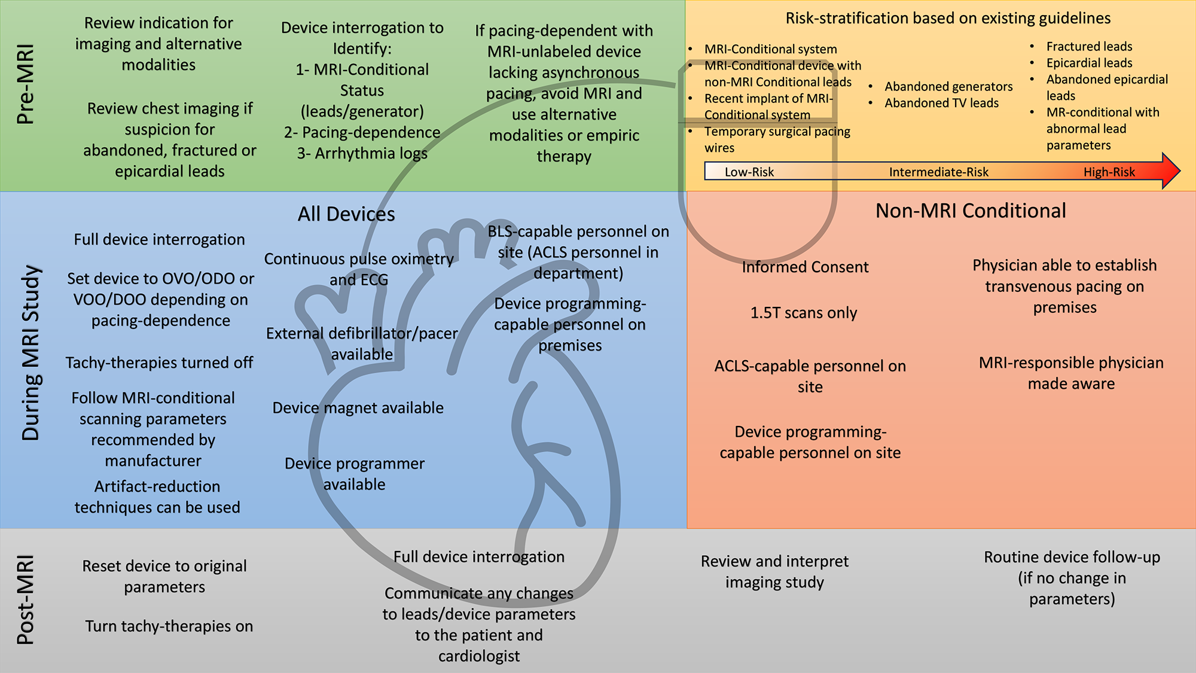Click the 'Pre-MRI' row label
[x=26, y=84]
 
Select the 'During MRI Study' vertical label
[x=30, y=354]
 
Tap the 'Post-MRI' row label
[x=26, y=600]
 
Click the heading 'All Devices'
[x=346, y=214]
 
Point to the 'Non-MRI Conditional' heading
[x=971, y=211]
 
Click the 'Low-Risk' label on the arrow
[x=749, y=172]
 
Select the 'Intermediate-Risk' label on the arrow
[x=938, y=172]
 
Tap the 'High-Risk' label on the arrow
[x=1109, y=172]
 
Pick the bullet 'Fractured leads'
[x=1089, y=47]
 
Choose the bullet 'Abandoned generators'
[x=948, y=87]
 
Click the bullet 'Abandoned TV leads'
[x=941, y=103]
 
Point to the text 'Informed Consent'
[x=805, y=267]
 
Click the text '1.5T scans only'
[x=804, y=313]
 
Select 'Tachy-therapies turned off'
[x=159, y=363]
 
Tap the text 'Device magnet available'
[x=358, y=408]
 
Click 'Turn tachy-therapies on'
[x=169, y=626]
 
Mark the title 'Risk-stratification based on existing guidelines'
[x=948, y=19]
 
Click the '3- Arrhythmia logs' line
[x=362, y=154]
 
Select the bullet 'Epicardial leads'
[x=1089, y=63]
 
